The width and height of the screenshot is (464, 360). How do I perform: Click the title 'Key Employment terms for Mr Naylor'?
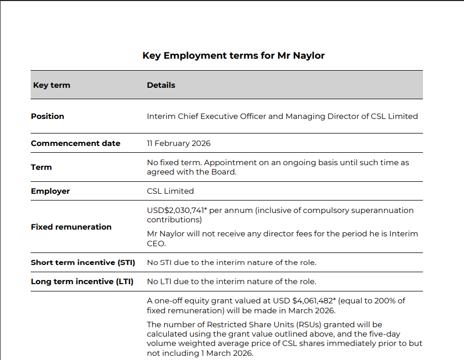tap(233, 56)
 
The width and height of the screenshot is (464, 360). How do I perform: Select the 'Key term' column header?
tap(51, 85)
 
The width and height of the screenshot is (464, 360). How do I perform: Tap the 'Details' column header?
tap(161, 85)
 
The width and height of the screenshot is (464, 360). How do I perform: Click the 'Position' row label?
tap(47, 116)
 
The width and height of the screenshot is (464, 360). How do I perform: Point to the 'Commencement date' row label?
tap(75, 143)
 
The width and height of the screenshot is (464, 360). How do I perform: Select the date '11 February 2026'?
tap(179, 143)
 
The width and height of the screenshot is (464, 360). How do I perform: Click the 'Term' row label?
tap(41, 167)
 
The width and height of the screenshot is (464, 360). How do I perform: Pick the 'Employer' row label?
tap(50, 191)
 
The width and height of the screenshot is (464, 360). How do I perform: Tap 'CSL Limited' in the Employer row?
tap(170, 191)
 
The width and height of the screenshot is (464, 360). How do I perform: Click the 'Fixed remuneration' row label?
tap(71, 227)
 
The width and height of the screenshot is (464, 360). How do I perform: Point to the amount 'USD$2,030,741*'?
tap(176, 210)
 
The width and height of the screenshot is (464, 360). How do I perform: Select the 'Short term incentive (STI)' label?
tap(83, 263)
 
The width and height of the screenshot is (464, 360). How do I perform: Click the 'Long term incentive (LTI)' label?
tap(82, 282)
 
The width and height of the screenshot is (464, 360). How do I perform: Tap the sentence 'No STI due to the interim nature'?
tap(231, 263)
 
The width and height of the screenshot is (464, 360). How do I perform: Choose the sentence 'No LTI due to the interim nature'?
tap(231, 282)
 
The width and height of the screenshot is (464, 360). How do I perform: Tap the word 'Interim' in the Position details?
tap(161, 116)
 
